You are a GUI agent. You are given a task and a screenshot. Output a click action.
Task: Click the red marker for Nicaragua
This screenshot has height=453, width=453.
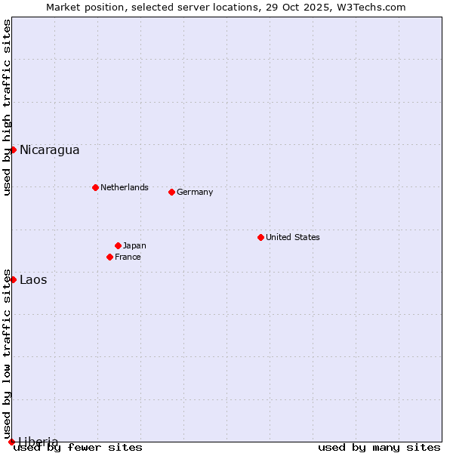(13, 149)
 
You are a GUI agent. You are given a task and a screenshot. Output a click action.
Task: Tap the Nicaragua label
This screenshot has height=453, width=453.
(49, 149)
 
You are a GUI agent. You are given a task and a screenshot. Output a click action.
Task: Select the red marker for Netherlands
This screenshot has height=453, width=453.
(95, 187)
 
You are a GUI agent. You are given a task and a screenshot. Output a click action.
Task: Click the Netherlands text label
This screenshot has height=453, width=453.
(124, 187)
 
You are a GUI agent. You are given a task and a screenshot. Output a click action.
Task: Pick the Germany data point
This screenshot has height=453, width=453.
(171, 192)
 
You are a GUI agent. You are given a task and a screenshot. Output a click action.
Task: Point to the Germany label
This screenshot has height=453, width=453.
(195, 192)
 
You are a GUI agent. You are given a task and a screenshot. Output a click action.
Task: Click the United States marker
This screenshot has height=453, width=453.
(260, 237)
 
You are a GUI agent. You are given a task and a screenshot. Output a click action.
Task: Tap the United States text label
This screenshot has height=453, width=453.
(292, 237)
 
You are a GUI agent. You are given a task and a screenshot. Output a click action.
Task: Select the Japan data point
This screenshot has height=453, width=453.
(118, 245)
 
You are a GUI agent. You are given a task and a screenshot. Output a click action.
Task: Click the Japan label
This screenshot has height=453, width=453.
(134, 245)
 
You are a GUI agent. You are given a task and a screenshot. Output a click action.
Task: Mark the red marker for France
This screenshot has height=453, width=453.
(109, 257)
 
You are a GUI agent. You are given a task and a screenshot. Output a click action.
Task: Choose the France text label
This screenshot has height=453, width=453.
(128, 257)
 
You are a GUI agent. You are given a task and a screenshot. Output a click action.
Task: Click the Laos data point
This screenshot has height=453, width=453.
(13, 279)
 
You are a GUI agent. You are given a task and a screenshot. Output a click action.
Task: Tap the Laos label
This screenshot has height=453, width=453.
(33, 279)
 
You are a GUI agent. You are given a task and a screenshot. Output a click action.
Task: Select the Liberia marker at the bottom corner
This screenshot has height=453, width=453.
(11, 442)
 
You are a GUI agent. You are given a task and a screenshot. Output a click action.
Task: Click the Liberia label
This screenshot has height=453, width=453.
(39, 441)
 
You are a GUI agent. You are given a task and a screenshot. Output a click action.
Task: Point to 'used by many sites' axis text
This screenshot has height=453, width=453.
(379, 447)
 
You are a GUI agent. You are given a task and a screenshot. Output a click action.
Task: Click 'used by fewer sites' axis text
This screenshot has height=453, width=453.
(78, 447)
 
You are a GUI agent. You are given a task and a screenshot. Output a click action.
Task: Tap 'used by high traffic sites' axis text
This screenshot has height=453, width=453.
(7, 107)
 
